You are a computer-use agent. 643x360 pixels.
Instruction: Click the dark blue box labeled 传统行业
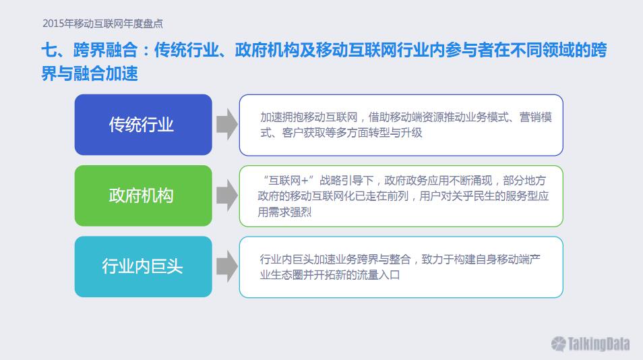(143, 125)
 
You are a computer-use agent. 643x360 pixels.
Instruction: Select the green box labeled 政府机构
(143, 196)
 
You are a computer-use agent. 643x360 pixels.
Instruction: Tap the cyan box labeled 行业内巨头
(143, 266)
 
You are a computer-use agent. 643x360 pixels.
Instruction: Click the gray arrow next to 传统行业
(226, 124)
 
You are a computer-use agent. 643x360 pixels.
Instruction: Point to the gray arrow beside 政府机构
(226, 196)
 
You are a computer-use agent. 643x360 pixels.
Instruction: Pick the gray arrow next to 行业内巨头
(226, 266)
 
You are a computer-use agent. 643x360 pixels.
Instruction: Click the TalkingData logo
(590, 344)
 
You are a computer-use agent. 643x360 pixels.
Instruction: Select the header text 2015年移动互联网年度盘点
(102, 24)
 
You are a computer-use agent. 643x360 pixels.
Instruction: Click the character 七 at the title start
(49, 50)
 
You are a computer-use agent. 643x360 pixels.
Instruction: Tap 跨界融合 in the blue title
(105, 50)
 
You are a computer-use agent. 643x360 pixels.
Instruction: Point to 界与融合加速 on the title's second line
(90, 73)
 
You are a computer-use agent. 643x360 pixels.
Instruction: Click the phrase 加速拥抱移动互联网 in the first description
(309, 117)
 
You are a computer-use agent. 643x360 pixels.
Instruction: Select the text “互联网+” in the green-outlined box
(288, 181)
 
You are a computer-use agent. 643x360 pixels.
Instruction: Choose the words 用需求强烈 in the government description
(284, 212)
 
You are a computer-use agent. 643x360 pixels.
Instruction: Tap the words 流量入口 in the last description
(379, 274)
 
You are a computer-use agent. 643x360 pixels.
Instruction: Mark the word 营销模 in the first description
(536, 117)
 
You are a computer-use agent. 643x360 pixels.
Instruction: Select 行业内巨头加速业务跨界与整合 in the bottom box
(336, 259)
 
